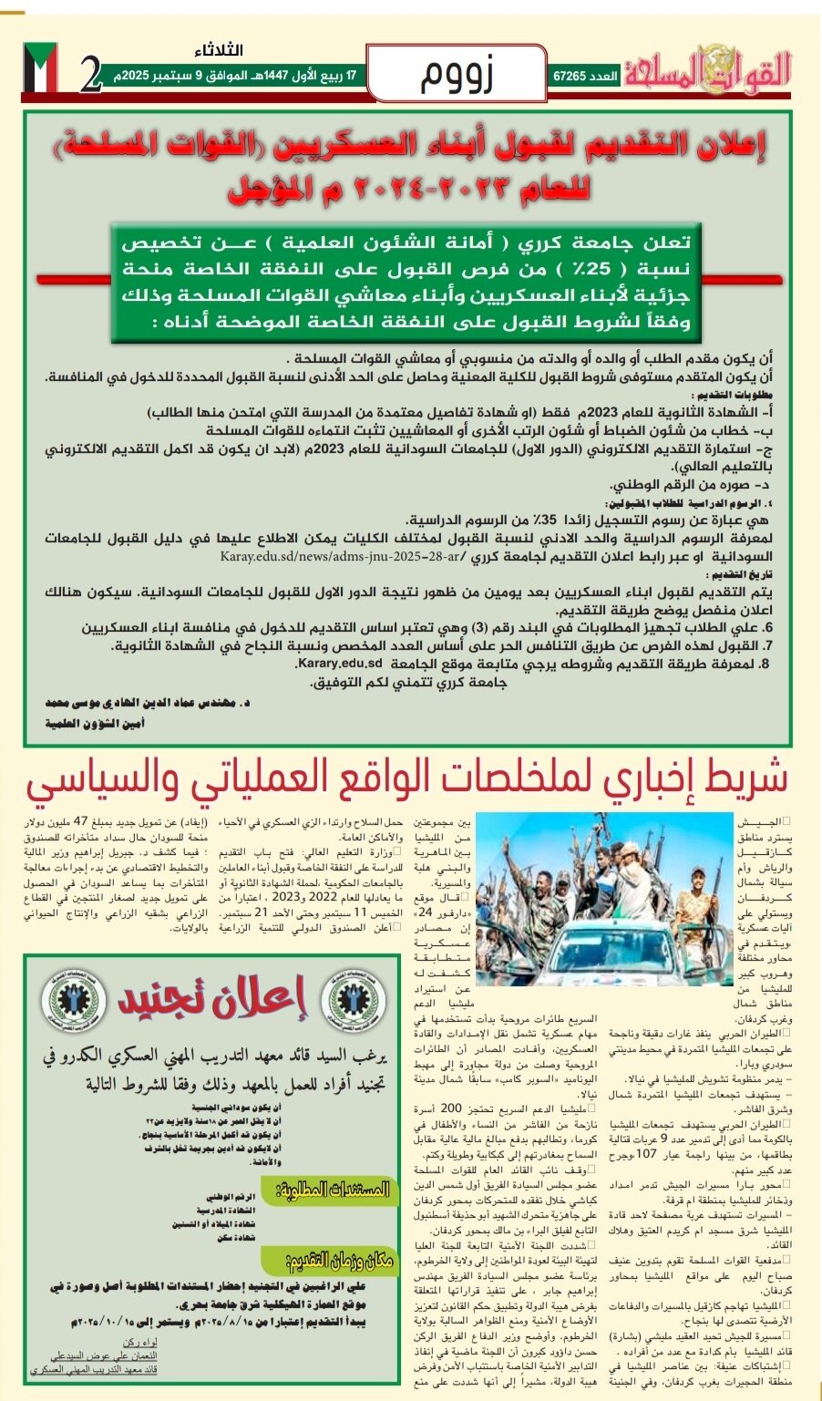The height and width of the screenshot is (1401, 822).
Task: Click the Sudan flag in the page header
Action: tap(41, 68)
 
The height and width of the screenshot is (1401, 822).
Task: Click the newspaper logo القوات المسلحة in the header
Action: tap(708, 67)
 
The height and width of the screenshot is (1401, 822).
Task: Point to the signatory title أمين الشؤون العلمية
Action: tap(95, 723)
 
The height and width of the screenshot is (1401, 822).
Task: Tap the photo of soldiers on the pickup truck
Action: tap(605, 898)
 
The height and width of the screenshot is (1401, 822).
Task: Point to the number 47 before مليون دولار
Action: tap(81, 820)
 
